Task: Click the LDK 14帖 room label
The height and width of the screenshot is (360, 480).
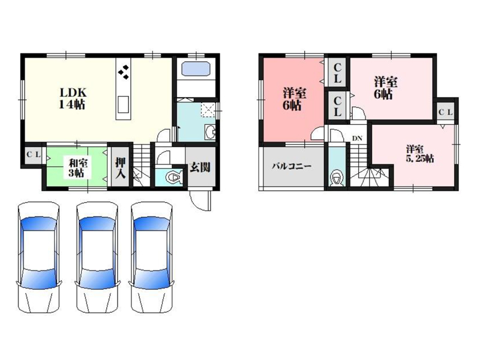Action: pos(72,98)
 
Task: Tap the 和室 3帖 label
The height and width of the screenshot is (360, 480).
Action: pos(76,167)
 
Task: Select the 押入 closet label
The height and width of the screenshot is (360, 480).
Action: pos(121,167)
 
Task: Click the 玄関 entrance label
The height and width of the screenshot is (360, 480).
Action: pos(200,167)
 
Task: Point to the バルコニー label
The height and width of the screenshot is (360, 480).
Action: pos(292,167)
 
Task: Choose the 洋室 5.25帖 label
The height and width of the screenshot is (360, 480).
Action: pos(419,154)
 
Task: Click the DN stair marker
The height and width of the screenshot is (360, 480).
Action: pos(357,139)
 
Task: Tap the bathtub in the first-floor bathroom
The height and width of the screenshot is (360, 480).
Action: pos(196,69)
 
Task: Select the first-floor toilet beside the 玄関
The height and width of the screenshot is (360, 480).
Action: pos(174,178)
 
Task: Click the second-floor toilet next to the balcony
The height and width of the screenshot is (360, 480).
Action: pos(337,178)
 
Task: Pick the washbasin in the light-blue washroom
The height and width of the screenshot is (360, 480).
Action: pos(211,132)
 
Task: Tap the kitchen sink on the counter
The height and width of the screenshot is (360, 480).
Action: pos(123,104)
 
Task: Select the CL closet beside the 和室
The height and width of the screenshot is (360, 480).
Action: pos(34,155)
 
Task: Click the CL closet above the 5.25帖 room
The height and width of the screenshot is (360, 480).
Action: pos(445,112)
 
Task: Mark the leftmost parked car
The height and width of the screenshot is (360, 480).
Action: pos(38,257)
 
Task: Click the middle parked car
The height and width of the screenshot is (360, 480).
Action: pos(97,257)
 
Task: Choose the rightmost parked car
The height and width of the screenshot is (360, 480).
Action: pos(152,257)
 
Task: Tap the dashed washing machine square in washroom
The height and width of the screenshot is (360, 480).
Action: pos(208,110)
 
